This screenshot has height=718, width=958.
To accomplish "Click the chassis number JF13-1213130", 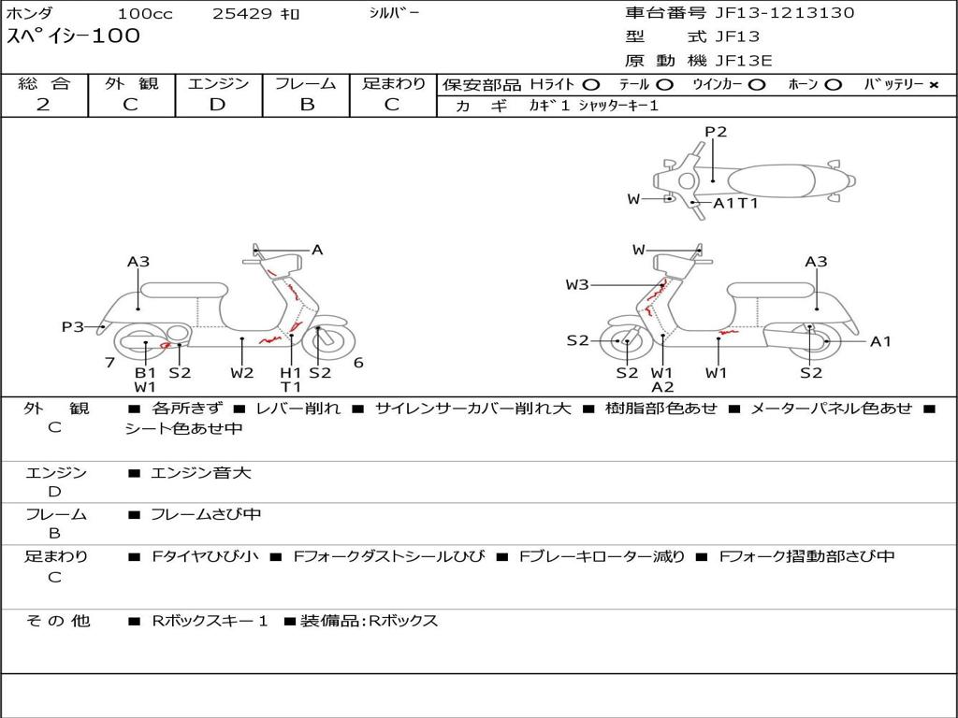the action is click(785, 13).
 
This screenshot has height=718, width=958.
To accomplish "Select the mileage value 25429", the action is click(242, 13).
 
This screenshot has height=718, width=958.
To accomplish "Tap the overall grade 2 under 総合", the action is click(43, 105).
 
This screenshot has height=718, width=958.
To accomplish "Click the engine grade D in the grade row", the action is click(217, 105).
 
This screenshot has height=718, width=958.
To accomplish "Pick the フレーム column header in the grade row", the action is click(306, 83).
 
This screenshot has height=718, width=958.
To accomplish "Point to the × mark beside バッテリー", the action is click(934, 85).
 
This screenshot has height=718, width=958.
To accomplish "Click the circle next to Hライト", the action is click(591, 85).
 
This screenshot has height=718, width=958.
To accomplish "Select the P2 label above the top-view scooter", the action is click(716, 131).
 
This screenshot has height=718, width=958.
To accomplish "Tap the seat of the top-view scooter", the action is click(771, 180).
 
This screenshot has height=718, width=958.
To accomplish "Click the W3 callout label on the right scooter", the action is click(576, 284).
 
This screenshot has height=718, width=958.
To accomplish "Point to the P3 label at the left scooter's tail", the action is click(73, 326).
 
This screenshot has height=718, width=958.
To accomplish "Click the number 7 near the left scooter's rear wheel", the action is click(110, 363).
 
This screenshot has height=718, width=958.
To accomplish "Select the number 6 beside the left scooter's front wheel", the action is click(358, 363).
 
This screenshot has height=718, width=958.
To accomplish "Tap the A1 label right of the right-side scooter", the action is click(880, 341).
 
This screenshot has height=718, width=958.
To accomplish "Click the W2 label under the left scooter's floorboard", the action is click(242, 372).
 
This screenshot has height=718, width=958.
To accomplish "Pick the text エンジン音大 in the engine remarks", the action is click(200, 472).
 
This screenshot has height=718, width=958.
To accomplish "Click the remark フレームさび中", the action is click(206, 515).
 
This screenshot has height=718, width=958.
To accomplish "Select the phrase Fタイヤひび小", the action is click(205, 556).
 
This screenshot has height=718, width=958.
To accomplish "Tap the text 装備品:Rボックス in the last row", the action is click(369, 621).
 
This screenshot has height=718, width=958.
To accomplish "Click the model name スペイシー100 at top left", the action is click(73, 36).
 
